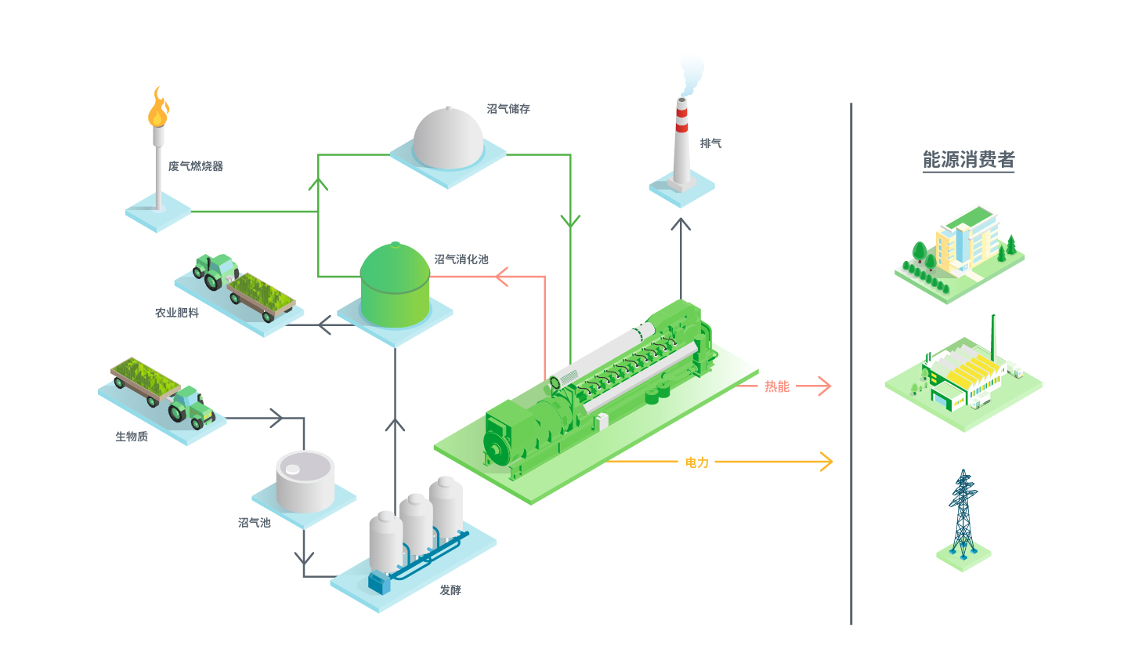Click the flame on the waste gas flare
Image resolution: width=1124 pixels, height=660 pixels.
pyautogui.click(x=158, y=109)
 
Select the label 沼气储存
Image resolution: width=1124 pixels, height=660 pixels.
pyautogui.click(x=508, y=109)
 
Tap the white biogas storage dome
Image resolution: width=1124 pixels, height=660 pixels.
pyautogui.click(x=448, y=139)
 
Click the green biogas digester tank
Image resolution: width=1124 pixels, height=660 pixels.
pyautogui.click(x=395, y=285)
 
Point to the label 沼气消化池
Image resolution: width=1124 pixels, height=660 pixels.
pyautogui.click(x=461, y=259)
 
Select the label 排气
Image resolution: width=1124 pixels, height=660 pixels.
pyautogui.click(x=710, y=143)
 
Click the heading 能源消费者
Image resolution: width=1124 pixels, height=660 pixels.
pyautogui.click(x=968, y=160)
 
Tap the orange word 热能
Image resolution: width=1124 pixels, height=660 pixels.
pyautogui.click(x=777, y=386)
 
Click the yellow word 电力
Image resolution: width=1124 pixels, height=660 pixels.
pyautogui.click(x=696, y=462)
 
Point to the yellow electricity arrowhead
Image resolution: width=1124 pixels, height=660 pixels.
pyautogui.click(x=826, y=462)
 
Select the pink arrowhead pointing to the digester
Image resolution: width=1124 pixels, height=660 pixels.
pyautogui.click(x=502, y=277)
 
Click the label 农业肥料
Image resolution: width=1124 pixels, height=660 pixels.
pyautogui.click(x=177, y=313)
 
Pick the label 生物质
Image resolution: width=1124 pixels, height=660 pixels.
pyautogui.click(x=132, y=437)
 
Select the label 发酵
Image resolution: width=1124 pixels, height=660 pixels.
pyautogui.click(x=450, y=590)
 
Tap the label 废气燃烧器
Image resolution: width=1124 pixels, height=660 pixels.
pyautogui.click(x=196, y=166)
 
